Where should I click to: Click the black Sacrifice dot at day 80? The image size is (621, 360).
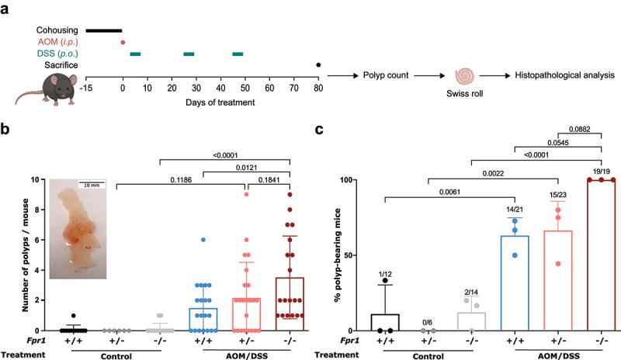point(318,65)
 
